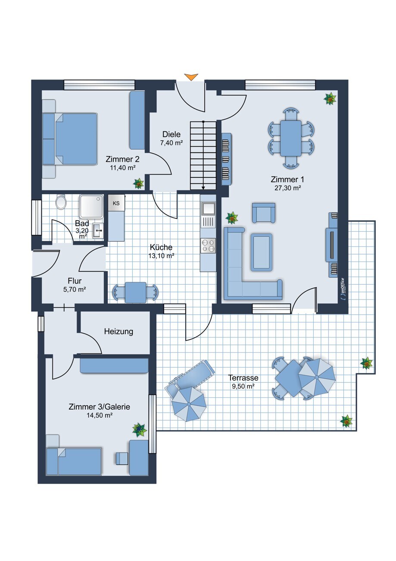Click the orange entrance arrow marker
click(191, 77)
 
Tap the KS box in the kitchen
click(116, 203)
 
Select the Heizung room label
click(118, 332)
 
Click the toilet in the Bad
click(61, 202)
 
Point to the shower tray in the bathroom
click(91, 207)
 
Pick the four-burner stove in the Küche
click(208, 246)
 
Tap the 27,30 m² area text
click(287, 188)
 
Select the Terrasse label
click(243, 378)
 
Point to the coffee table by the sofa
click(262, 252)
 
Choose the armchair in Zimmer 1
click(264, 213)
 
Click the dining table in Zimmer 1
click(290, 138)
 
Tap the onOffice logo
click(342, 288)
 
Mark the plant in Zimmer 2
click(138, 183)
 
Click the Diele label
click(171, 135)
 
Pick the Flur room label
click(75, 281)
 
